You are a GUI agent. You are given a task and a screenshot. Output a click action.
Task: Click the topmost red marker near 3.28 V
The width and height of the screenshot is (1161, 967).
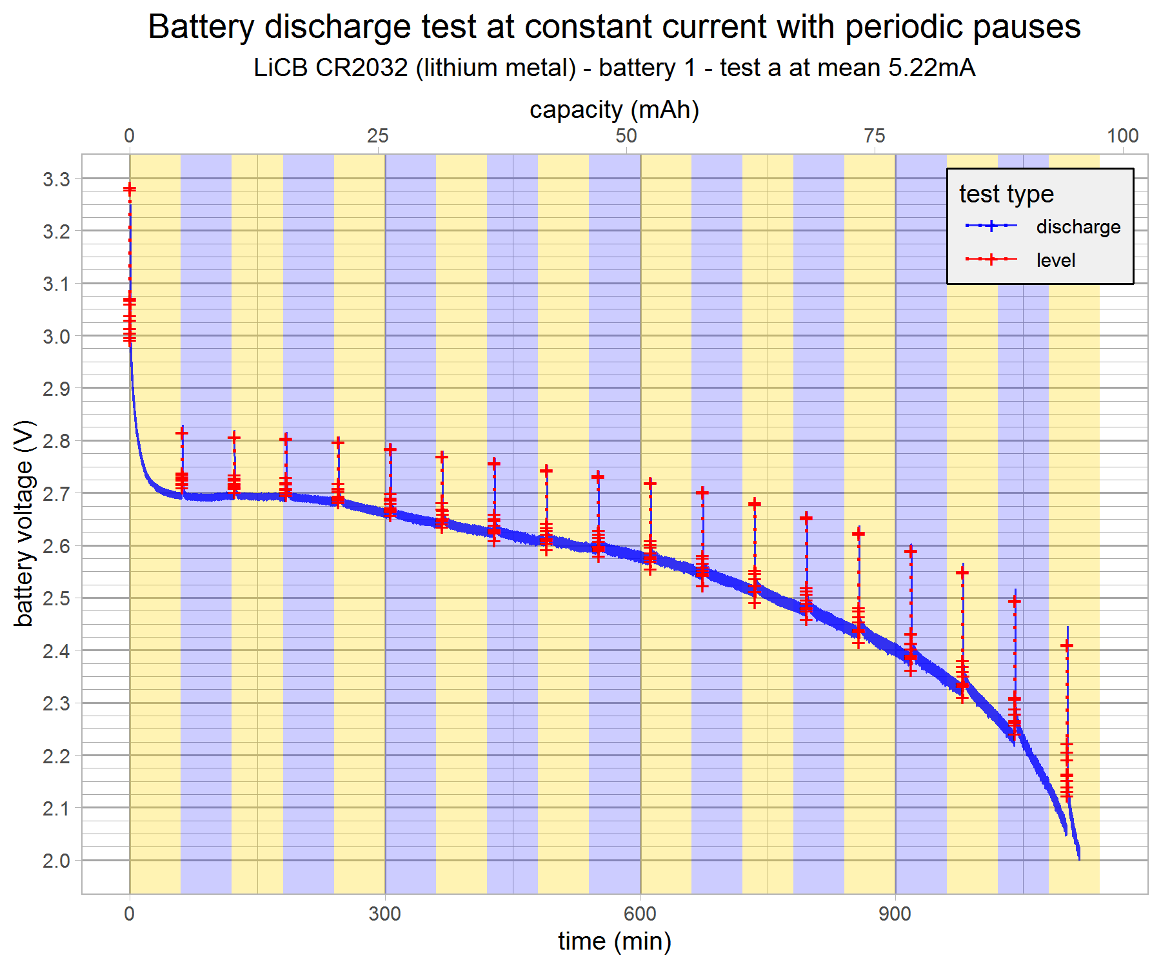(130, 189)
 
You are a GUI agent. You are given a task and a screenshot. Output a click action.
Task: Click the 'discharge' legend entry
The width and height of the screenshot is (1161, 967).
(1077, 227)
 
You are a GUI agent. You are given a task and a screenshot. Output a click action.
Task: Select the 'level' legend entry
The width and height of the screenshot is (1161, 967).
(1055, 260)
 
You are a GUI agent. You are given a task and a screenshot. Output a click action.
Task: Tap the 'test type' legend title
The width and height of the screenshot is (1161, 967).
(1006, 194)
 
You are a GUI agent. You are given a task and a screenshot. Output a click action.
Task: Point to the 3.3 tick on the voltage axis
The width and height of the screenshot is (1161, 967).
(56, 179)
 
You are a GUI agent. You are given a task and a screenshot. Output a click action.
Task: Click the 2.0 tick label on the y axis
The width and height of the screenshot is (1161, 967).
(56, 861)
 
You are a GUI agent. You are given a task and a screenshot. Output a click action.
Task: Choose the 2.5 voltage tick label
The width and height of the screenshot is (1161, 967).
(56, 598)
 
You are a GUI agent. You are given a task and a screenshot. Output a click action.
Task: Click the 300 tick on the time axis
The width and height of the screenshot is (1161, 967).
(385, 913)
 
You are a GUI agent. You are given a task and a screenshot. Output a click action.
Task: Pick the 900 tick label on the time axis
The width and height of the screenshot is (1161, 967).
(895, 913)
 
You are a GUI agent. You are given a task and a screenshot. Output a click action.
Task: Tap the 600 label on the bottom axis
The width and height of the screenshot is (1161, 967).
(640, 913)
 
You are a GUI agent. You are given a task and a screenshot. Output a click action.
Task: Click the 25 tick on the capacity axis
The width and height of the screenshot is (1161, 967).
(378, 136)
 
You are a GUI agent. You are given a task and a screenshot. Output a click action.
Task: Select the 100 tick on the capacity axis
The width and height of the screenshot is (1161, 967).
(1122, 136)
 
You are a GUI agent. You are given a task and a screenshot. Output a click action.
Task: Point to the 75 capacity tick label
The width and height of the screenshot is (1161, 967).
(874, 136)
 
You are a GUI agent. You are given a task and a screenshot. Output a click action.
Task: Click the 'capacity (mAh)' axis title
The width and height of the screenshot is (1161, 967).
(614, 110)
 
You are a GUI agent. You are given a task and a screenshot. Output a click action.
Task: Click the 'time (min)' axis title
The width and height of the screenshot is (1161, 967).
(614, 942)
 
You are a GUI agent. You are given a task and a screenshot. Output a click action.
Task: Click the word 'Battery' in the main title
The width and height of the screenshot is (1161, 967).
(202, 28)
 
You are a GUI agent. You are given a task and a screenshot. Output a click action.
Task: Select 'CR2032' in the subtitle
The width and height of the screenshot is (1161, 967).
(361, 68)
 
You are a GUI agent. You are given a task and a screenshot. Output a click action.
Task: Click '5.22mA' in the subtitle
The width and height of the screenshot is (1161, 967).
(931, 68)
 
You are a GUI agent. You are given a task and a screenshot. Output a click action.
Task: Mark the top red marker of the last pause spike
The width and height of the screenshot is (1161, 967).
(1067, 645)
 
